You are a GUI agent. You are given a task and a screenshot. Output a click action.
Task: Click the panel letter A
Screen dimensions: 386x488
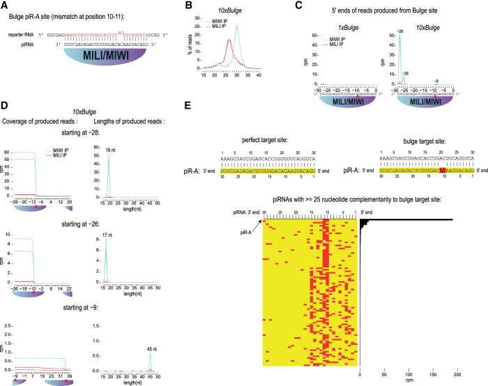pyautogui.click(x=4, y=6)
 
